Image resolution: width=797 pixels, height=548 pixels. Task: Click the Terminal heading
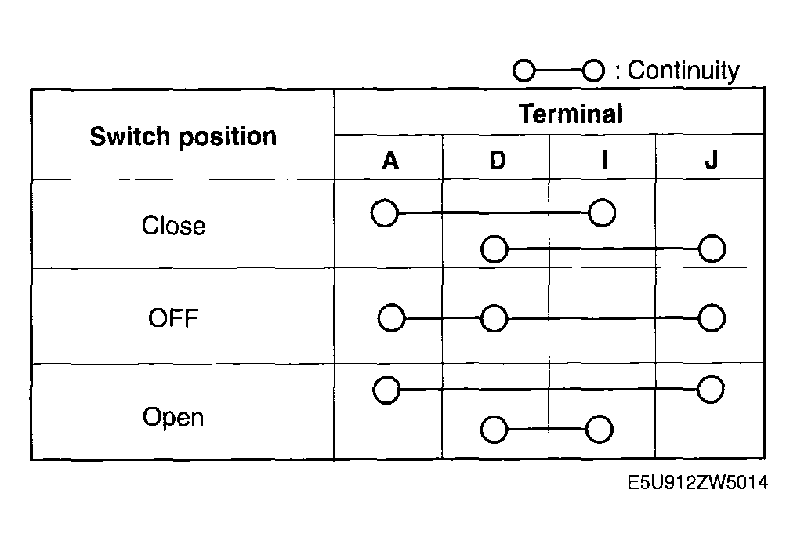point(571,114)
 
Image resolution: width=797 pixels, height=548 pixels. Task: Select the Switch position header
point(183,136)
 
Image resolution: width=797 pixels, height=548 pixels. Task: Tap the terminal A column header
point(390,161)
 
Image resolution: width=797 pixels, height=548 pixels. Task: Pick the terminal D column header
point(498,161)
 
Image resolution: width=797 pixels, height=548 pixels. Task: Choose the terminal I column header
point(604,160)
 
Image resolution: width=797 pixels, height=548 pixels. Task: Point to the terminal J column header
point(712,160)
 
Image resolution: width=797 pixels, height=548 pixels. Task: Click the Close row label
point(174,225)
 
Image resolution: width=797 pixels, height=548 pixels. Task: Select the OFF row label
point(173,318)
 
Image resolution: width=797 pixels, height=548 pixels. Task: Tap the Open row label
point(173,417)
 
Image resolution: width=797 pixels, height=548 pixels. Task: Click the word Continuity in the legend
point(683,70)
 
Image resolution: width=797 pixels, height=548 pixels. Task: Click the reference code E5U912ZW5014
point(698,482)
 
